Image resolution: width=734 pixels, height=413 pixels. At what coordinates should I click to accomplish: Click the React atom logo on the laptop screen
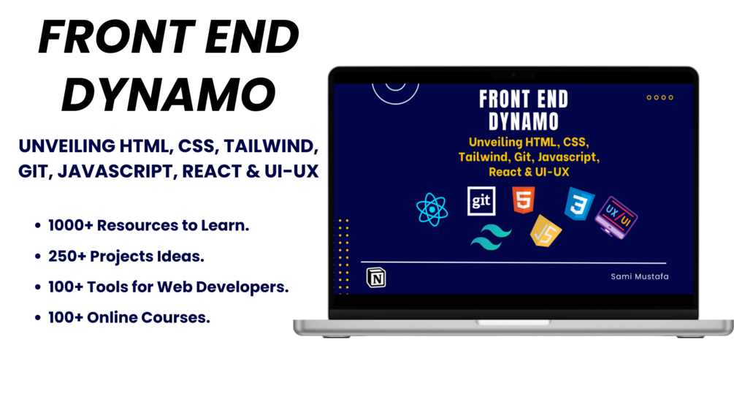pyautogui.click(x=432, y=210)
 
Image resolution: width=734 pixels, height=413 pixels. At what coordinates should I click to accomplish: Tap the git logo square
pyautogui.click(x=481, y=201)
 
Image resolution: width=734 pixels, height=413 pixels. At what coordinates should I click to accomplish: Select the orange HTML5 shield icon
pyautogui.click(x=524, y=200)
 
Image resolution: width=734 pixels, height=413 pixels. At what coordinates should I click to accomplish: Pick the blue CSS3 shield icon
pyautogui.click(x=579, y=203)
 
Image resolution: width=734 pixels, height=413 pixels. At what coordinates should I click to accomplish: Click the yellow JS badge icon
pyautogui.click(x=546, y=231)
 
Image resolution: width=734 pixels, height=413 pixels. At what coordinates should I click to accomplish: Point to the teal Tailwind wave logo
pyautogui.click(x=491, y=237)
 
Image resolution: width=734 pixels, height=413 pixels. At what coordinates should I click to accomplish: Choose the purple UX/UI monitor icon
pyautogui.click(x=616, y=217)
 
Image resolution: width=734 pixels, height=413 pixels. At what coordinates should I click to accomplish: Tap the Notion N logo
pyautogui.click(x=376, y=278)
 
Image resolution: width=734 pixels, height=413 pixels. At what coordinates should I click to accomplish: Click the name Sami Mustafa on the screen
pyautogui.click(x=640, y=276)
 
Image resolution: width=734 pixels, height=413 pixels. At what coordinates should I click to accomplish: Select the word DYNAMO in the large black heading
pyautogui.click(x=169, y=94)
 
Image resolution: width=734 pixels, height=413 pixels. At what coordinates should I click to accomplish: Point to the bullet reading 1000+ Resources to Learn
pyautogui.click(x=148, y=225)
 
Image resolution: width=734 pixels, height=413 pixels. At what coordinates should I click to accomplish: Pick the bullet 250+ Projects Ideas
pyautogui.click(x=126, y=257)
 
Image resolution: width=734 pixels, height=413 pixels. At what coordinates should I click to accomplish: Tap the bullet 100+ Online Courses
pyautogui.click(x=129, y=317)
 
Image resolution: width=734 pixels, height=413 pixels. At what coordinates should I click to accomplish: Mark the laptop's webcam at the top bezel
pyautogui.click(x=513, y=75)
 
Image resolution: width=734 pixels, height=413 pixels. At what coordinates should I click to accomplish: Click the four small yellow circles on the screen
pyautogui.click(x=660, y=97)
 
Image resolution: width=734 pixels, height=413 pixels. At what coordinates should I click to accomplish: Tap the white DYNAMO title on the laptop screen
pyautogui.click(x=524, y=122)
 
